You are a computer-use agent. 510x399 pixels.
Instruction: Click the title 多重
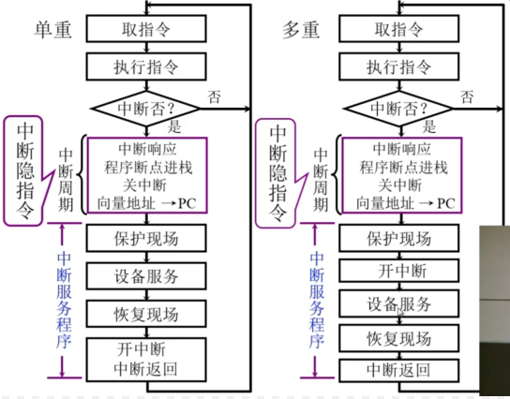pos(303,28)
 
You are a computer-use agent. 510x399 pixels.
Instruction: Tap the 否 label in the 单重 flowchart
pos(215,96)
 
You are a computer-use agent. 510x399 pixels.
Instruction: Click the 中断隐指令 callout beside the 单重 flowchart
pos(25,169)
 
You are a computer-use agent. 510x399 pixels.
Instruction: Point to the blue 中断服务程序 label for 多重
pos(317,300)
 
